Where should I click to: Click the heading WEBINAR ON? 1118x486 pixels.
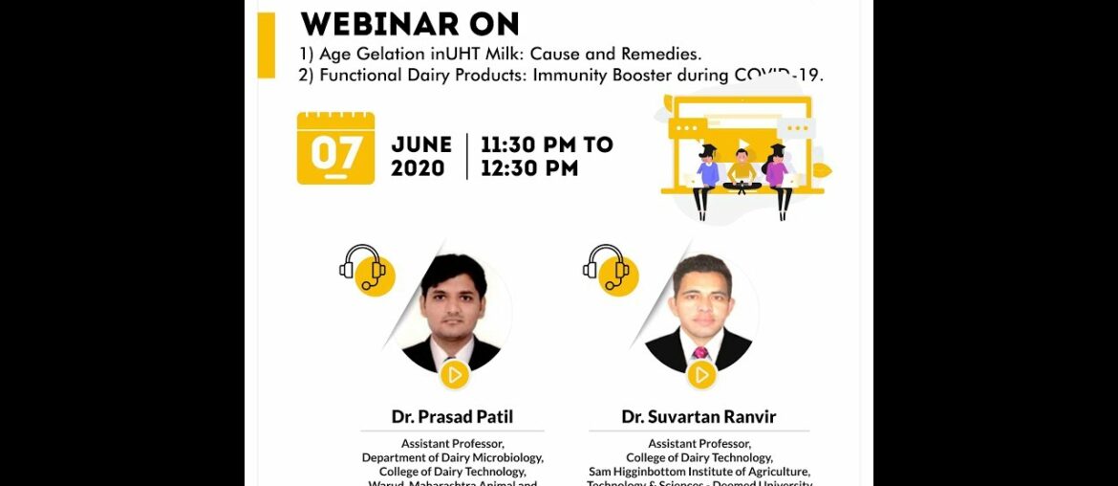click(410, 23)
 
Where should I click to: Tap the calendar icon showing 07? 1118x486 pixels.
click(335, 148)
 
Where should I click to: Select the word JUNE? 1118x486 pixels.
click(421, 145)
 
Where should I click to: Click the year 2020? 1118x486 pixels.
click(418, 168)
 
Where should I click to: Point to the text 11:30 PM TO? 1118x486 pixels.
click(547, 145)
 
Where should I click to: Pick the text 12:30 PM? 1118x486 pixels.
click(529, 168)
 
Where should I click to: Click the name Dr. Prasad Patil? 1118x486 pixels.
click(452, 416)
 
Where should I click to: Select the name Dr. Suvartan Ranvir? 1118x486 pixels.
click(699, 416)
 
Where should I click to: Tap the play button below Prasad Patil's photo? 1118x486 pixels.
click(454, 375)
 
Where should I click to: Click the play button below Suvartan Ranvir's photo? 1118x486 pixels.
click(700, 375)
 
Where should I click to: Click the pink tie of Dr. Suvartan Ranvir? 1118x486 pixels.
click(700, 352)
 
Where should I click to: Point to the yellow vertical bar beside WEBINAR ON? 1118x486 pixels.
click(266, 44)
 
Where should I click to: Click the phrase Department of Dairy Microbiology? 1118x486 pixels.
click(452, 458)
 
